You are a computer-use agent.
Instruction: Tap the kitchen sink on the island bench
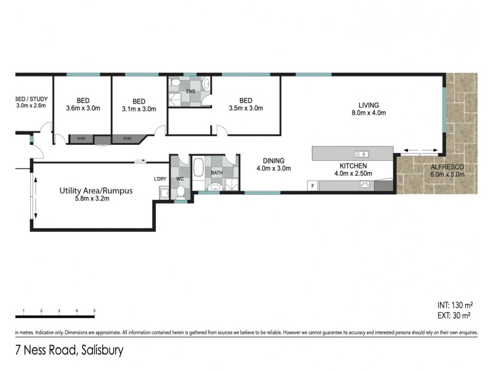click(x=362, y=154)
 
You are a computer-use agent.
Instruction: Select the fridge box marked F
click(x=313, y=186)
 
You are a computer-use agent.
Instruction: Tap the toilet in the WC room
click(x=181, y=192)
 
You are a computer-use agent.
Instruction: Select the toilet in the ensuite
click(x=175, y=84)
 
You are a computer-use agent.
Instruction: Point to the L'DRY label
click(x=160, y=179)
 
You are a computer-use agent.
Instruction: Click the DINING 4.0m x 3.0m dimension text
click(x=274, y=168)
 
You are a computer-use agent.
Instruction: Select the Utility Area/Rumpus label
click(x=96, y=191)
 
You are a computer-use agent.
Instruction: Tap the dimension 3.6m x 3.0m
click(x=83, y=109)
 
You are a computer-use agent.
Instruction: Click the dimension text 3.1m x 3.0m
click(x=139, y=109)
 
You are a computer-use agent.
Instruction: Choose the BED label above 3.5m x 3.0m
click(x=246, y=101)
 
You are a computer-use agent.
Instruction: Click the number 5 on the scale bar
click(x=94, y=310)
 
